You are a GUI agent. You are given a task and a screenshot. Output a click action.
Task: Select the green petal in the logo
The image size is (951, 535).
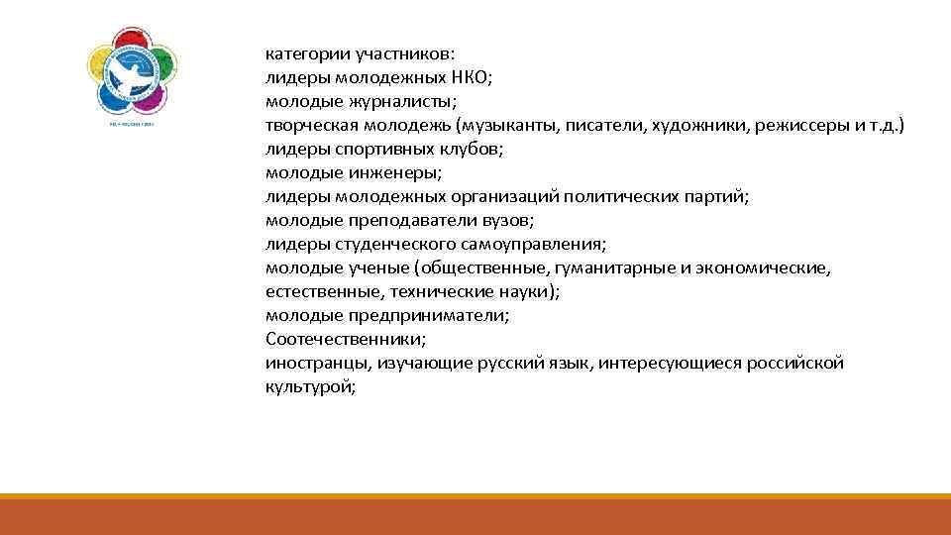[x=162, y=63]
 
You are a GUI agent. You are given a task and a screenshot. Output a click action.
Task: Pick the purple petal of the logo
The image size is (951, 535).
[x=149, y=98]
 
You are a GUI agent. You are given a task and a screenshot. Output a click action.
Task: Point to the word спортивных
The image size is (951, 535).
[x=384, y=150]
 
